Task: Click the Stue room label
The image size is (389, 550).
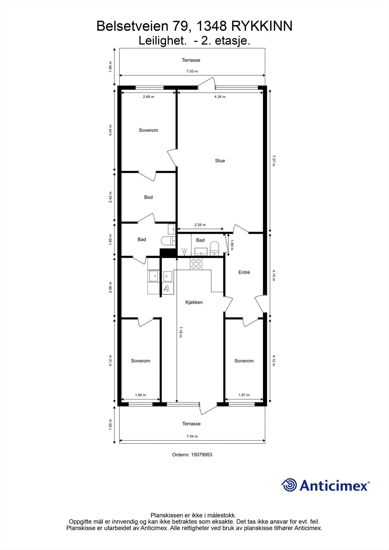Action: coord(220,161)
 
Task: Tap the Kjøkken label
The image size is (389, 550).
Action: coord(194,302)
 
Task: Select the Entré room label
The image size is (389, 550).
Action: coord(244,272)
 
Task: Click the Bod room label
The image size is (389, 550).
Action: coord(148,197)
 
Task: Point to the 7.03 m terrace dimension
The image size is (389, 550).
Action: coord(192,71)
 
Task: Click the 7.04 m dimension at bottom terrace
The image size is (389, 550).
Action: coord(192,436)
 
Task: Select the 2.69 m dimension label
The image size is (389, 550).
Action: coord(148,97)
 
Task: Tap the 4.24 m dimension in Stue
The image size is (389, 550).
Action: coord(220,97)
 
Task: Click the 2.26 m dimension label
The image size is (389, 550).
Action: coord(200,225)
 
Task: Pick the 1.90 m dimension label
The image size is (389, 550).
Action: coord(140,395)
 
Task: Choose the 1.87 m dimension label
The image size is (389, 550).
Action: coord(244,395)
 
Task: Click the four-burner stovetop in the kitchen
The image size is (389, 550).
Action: coord(196,264)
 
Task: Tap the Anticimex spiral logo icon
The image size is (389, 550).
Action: coord(289,485)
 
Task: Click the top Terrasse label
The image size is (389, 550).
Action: coord(191,60)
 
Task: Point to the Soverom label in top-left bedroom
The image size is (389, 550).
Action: coord(148,130)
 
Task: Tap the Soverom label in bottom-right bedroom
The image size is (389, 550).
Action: coord(244,361)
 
